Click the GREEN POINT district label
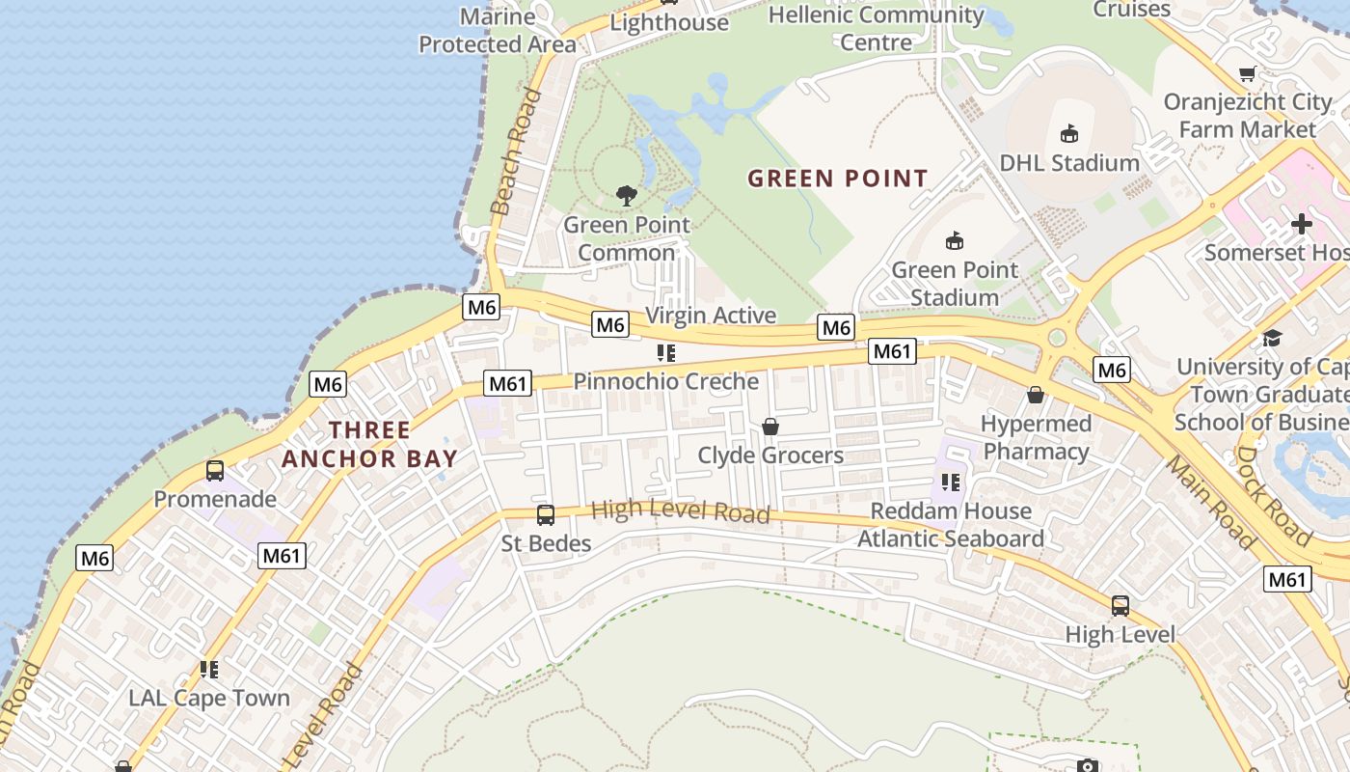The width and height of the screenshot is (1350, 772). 837,179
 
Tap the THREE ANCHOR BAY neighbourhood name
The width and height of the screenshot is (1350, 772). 369,444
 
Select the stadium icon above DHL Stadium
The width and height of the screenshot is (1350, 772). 1068,134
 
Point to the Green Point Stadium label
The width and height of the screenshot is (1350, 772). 954,284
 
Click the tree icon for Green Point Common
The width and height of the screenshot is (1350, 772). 627,196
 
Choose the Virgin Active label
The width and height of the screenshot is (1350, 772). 711,316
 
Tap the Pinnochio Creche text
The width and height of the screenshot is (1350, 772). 666,381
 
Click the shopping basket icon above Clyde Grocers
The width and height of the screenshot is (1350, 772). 770,427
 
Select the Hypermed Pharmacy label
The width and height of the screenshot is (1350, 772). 1036,437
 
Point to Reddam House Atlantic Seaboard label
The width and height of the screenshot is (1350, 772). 951,525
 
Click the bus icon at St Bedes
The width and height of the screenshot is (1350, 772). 546,515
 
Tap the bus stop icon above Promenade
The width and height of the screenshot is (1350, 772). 215,471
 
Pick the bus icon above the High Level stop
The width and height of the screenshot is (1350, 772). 1120,606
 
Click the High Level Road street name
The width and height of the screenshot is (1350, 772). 680,511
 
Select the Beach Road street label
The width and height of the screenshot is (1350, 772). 516,152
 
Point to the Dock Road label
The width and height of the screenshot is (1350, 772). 1273,494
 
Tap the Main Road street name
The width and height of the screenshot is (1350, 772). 1209,502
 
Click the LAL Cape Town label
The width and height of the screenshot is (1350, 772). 209,698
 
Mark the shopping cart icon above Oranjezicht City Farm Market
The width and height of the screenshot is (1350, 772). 1248,74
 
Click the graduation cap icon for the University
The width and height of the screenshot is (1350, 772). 1272,338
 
